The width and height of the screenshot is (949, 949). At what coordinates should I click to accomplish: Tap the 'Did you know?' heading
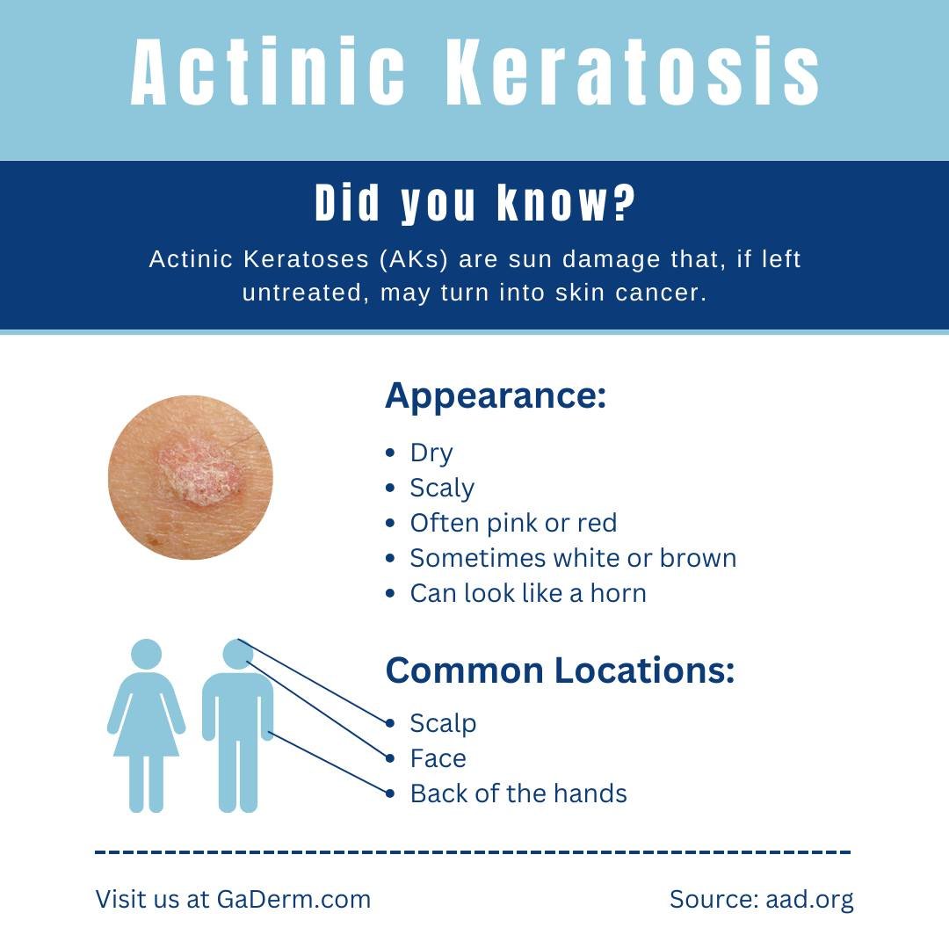pyautogui.click(x=474, y=204)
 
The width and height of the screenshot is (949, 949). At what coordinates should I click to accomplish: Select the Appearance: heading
pyautogui.click(x=496, y=396)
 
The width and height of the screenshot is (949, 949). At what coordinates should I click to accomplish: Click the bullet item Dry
pyautogui.click(x=431, y=453)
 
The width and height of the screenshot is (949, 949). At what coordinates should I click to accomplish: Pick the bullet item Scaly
pyautogui.click(x=442, y=488)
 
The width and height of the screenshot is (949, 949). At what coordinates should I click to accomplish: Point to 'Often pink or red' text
pyautogui.click(x=513, y=523)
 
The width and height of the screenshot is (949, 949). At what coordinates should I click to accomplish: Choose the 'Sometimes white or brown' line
pyautogui.click(x=573, y=558)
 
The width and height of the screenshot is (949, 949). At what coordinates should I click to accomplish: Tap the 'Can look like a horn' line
pyautogui.click(x=528, y=593)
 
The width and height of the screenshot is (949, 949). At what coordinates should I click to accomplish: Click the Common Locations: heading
pyautogui.click(x=560, y=671)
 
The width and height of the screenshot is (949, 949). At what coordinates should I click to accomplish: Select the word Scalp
pyautogui.click(x=443, y=723)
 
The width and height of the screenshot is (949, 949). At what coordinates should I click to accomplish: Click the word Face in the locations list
pyautogui.click(x=438, y=758)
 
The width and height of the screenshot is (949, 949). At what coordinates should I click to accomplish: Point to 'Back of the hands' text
pyautogui.click(x=518, y=793)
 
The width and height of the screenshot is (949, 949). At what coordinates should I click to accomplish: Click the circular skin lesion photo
pyautogui.click(x=191, y=477)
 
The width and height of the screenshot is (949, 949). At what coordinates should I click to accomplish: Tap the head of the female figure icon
pyautogui.click(x=146, y=655)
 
